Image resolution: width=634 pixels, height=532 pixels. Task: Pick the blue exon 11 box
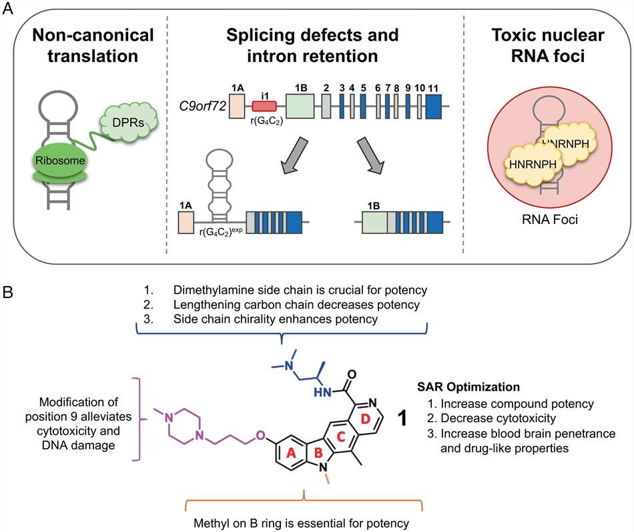pos(433,107)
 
